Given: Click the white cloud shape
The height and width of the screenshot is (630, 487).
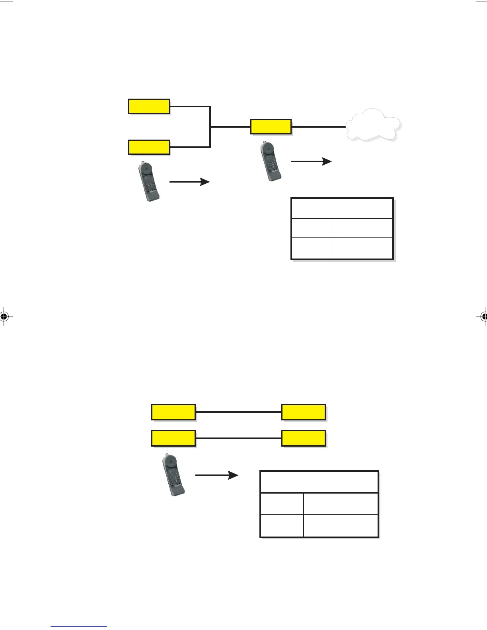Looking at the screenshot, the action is tap(373, 125).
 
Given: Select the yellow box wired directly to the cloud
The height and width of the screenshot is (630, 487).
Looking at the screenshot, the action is tap(271, 127).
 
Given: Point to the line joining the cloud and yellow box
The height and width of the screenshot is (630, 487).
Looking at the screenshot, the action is tap(318, 127).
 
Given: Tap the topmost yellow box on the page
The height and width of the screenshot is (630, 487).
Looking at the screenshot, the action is tap(149, 107).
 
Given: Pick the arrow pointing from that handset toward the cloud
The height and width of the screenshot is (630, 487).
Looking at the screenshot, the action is tap(311, 161).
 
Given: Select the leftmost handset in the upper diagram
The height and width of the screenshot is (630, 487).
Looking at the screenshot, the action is tap(149, 181).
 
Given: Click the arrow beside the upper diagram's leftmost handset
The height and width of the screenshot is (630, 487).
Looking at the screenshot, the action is tap(189, 182).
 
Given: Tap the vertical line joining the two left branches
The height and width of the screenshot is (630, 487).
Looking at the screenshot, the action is tap(210, 127).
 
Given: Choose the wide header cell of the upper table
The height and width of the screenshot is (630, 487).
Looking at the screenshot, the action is tap(342, 208).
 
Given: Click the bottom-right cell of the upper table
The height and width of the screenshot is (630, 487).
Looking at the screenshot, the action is tap(362, 249).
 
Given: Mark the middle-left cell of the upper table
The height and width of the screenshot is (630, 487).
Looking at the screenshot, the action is tap(312, 228).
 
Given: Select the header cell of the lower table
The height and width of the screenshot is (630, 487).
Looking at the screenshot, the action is tap(319, 482).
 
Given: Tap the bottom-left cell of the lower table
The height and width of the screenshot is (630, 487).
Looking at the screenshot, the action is tap(282, 525).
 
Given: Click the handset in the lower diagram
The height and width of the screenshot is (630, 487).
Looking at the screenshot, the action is tap(173, 475).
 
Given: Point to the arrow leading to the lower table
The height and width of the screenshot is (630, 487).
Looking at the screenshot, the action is tap(216, 475).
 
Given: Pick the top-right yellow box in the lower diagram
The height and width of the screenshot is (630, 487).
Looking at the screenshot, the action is tap(304, 412).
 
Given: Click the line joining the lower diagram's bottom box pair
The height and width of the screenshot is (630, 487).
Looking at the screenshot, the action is tap(239, 438).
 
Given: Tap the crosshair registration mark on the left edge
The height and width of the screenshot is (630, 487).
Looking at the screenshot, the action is tap(4, 317).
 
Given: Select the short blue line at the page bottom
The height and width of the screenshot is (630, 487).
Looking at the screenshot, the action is tap(79, 627).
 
